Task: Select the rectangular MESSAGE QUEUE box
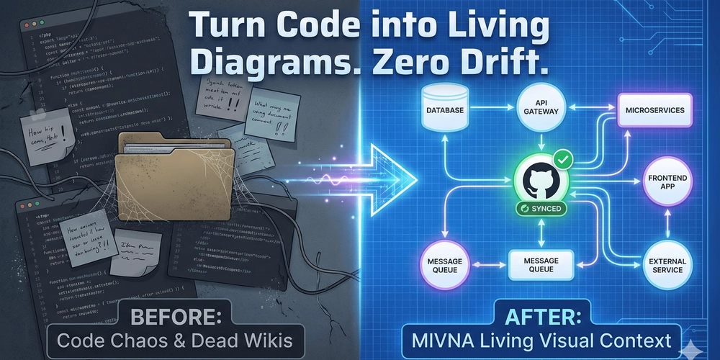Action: (x=541, y=265)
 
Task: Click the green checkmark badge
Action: (x=562, y=158)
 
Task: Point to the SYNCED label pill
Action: (x=540, y=208)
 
